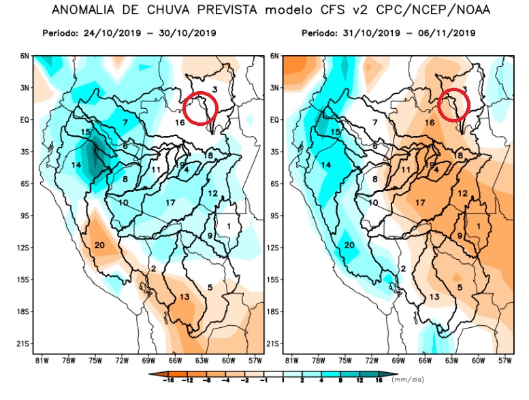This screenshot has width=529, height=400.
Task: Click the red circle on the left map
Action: tap(201, 108)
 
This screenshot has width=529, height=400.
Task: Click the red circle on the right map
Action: tap(454, 104)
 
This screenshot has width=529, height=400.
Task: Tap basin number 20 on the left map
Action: tap(99, 245)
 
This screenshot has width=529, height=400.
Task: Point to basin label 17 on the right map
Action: tap(421, 203)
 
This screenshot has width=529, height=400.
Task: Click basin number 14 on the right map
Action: tap(327, 165)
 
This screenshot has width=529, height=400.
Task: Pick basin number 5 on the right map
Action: tap(460, 287)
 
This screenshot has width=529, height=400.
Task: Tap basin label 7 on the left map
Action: tap(125, 122)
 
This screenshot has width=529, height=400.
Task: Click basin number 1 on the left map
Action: tap(229, 225)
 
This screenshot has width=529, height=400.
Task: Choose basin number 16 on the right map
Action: tap(430, 122)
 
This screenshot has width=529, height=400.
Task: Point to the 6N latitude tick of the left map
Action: tap(25, 56)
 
